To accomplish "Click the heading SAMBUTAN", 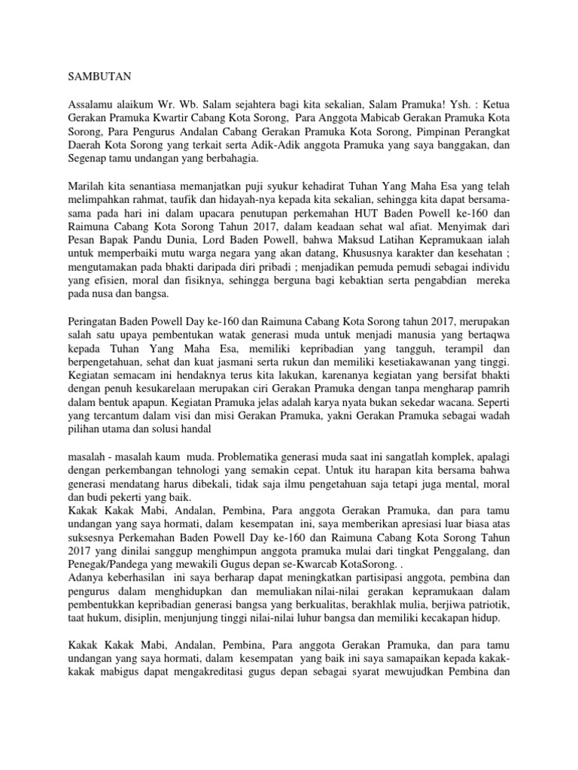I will click(x=93, y=77).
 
